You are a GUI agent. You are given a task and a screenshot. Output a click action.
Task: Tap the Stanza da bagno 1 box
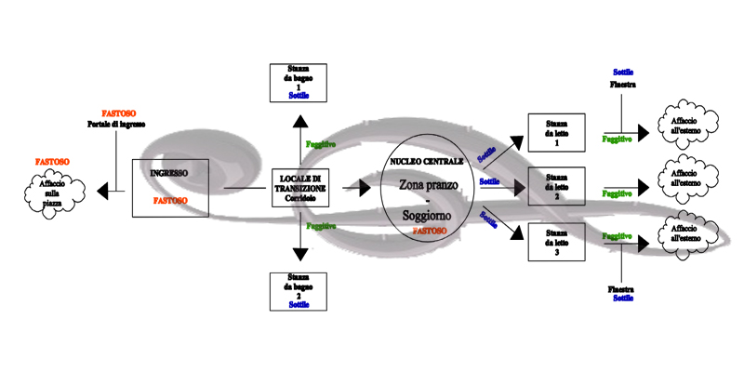point(299,83)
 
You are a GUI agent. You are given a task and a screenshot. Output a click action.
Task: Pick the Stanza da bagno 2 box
point(299,291)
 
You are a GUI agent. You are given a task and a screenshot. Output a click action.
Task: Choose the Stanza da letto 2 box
point(555,185)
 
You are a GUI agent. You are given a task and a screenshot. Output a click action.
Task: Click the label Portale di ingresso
point(116,125)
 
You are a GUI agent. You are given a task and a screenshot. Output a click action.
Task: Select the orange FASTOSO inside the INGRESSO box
point(170,200)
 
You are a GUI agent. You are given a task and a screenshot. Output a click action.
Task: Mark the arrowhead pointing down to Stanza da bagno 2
point(299,253)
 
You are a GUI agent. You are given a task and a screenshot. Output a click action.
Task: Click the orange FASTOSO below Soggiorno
point(429,229)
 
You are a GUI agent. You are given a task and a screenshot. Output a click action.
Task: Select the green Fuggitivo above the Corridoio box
point(322,145)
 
